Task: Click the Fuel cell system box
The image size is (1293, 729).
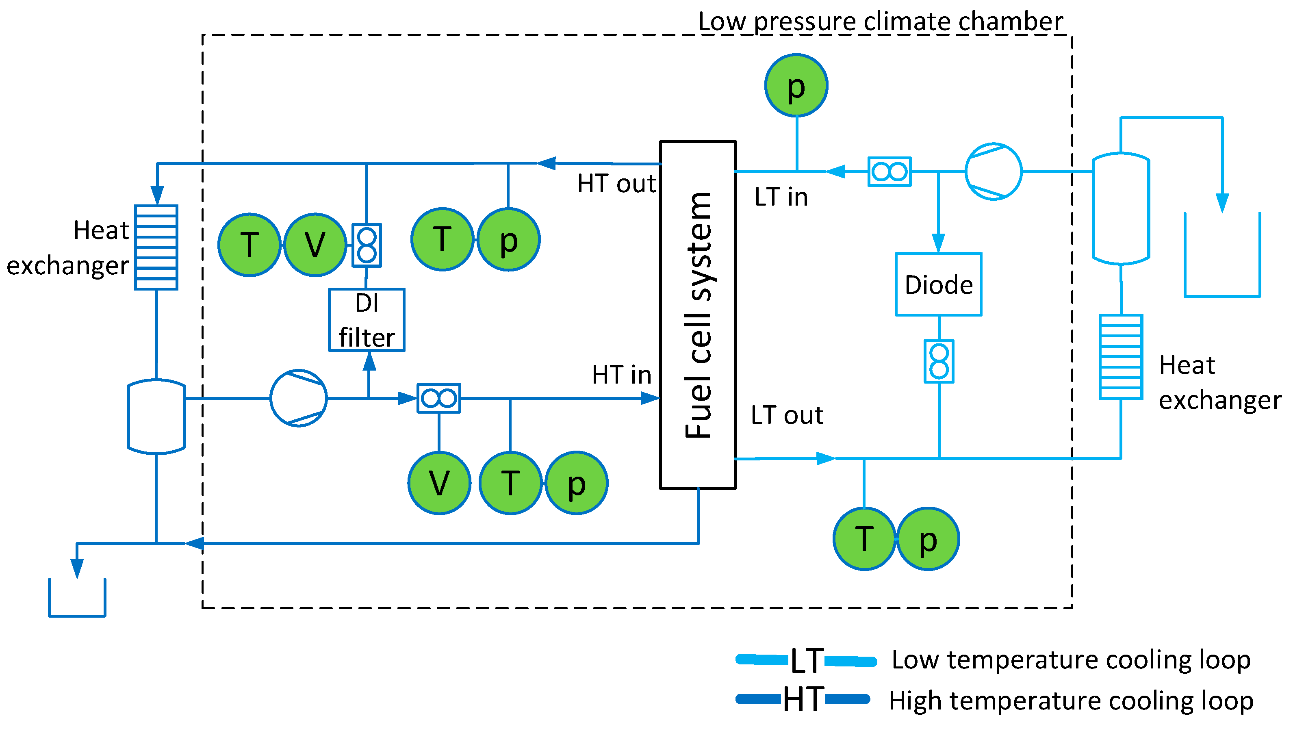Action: click(x=698, y=315)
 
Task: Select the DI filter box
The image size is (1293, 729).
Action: click(x=367, y=320)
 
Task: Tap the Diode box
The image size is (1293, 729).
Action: click(x=938, y=284)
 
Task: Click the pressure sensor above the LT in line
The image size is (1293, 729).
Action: click(x=796, y=85)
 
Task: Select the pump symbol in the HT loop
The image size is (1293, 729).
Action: click(x=299, y=398)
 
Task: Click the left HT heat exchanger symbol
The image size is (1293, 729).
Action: click(x=156, y=247)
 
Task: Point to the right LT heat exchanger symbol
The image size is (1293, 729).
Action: click(x=1121, y=357)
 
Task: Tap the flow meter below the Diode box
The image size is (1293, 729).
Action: click(x=939, y=362)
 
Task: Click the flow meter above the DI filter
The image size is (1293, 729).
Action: click(x=367, y=245)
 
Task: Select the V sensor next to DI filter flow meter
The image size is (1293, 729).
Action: click(x=315, y=245)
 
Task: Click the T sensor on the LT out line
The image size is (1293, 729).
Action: click(x=864, y=539)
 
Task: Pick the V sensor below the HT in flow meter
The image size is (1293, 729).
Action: click(x=439, y=483)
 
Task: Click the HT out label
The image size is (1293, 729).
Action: click(x=616, y=184)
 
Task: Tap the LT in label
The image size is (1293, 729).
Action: click(x=781, y=197)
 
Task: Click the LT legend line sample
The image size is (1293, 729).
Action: click(x=806, y=661)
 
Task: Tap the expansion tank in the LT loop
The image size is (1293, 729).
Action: click(x=1121, y=208)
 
